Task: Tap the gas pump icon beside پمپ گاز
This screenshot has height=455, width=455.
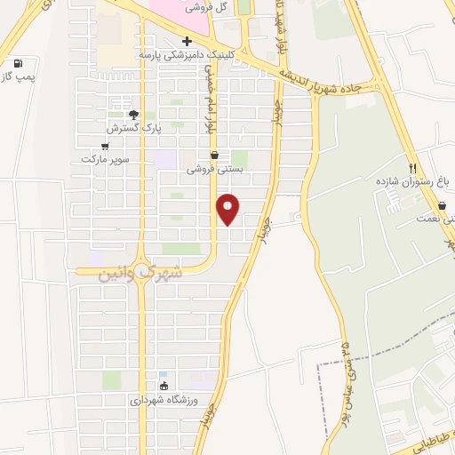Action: click(x=18, y=64)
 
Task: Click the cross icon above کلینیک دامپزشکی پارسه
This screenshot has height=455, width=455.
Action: click(x=187, y=41)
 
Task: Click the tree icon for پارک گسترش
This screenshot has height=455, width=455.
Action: click(x=134, y=114)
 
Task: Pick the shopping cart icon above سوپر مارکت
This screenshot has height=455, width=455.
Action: click(x=106, y=145)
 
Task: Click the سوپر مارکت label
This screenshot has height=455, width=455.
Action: click(x=106, y=158)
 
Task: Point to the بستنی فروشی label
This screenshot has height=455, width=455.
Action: click(x=213, y=167)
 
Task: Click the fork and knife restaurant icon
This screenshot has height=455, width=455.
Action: click(x=412, y=167)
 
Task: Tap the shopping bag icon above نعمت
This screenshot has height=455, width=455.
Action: click(x=442, y=205)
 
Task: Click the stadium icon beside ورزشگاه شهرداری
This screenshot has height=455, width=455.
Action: click(x=163, y=386)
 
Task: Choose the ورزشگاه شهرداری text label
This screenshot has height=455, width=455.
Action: click(x=164, y=399)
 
